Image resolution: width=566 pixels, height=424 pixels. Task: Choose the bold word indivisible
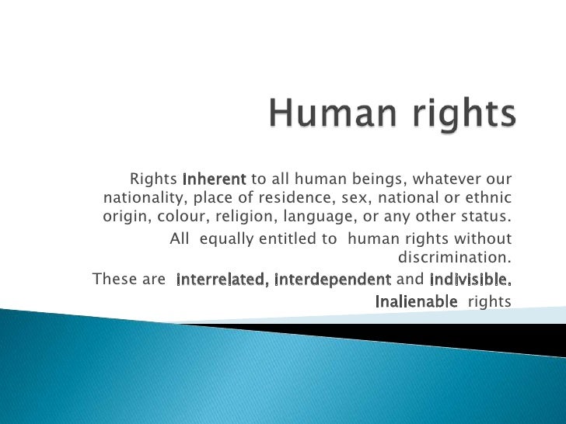click(x=470, y=279)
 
